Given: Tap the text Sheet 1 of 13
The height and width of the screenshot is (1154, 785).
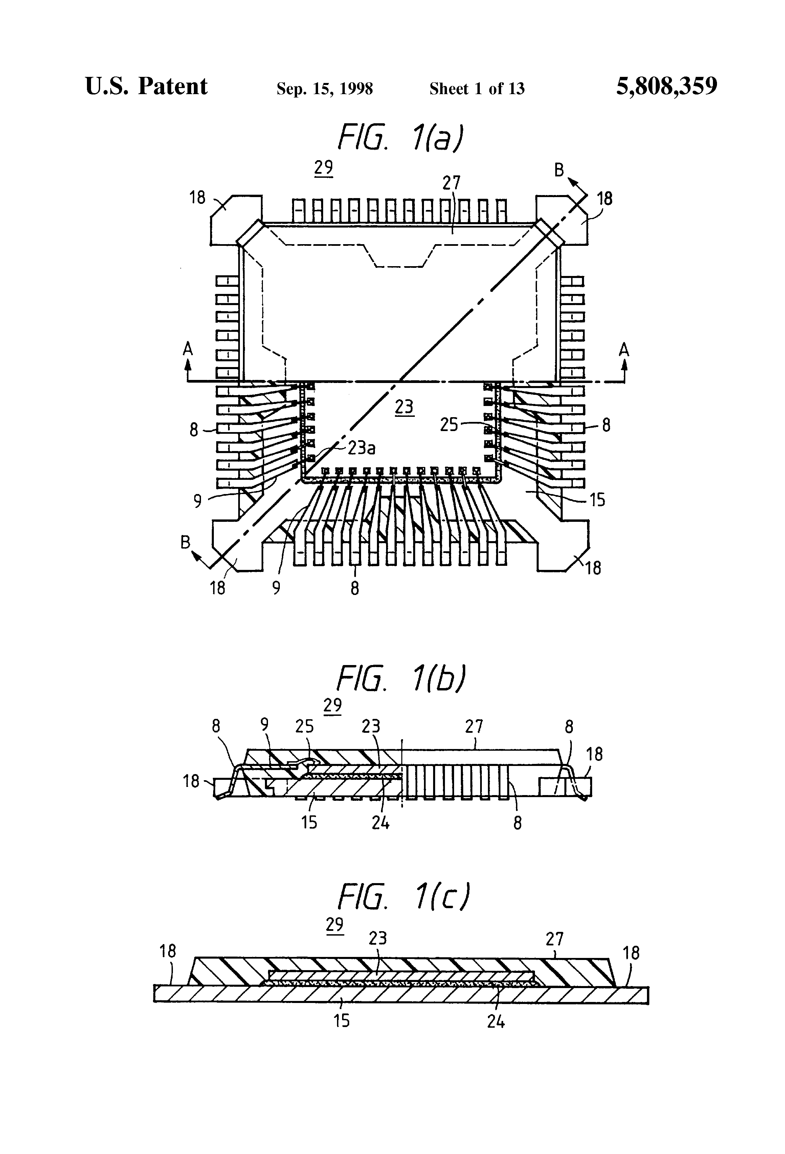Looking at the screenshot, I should (x=476, y=89).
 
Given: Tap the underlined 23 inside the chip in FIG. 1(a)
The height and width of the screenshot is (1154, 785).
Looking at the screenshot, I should (x=404, y=407).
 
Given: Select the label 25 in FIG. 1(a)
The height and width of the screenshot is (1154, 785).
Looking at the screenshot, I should (x=449, y=425).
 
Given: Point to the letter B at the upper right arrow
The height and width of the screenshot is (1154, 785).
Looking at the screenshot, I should (x=559, y=170).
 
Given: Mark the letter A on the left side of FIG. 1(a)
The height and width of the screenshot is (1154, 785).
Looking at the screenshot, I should (x=187, y=350).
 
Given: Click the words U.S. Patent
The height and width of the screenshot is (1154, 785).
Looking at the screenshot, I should (x=147, y=87).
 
